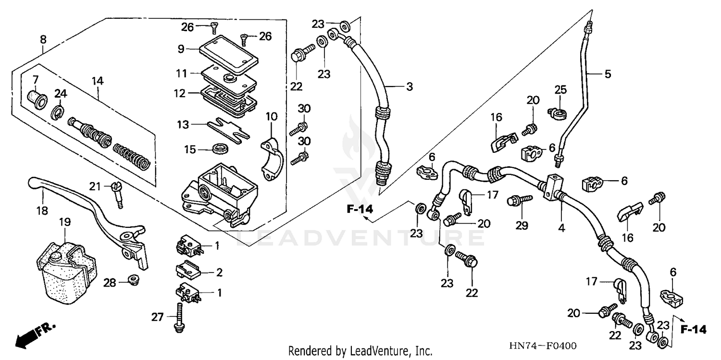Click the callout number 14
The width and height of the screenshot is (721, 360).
tap(98, 81)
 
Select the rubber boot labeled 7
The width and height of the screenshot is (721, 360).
tap(37, 98)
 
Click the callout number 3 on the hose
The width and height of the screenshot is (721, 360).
tap(409, 87)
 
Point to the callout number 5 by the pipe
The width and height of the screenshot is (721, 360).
tap(608, 74)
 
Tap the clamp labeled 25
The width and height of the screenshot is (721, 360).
tap(557, 113)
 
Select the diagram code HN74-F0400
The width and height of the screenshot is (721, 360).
tap(544, 346)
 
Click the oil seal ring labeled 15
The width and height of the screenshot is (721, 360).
tap(221, 148)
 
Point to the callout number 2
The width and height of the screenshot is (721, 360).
tap(219, 273)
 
